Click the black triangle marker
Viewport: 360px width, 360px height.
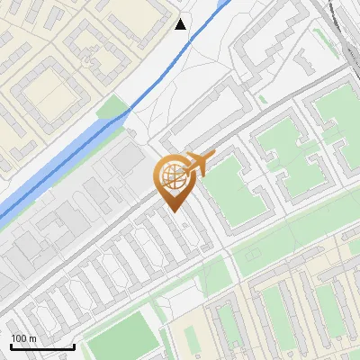pos(181,24)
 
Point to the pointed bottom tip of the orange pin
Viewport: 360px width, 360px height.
pos(173,211)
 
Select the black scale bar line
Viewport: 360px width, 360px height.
pos(42,346)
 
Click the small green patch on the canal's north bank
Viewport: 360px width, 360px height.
pos(112,112)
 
